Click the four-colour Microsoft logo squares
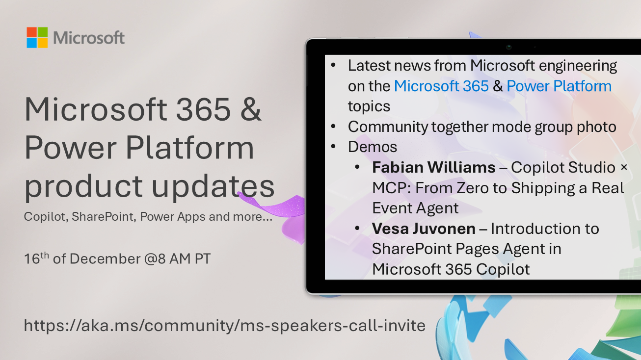(37, 37)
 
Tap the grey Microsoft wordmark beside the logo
(89, 38)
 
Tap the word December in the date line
(105, 258)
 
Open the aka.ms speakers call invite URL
(225, 325)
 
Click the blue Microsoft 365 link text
(441, 86)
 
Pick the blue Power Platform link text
(559, 86)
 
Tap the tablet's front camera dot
(509, 47)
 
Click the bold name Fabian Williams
(433, 168)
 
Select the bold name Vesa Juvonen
(424, 229)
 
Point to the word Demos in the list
(373, 147)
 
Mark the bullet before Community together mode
(334, 127)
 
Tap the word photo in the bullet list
(593, 127)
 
